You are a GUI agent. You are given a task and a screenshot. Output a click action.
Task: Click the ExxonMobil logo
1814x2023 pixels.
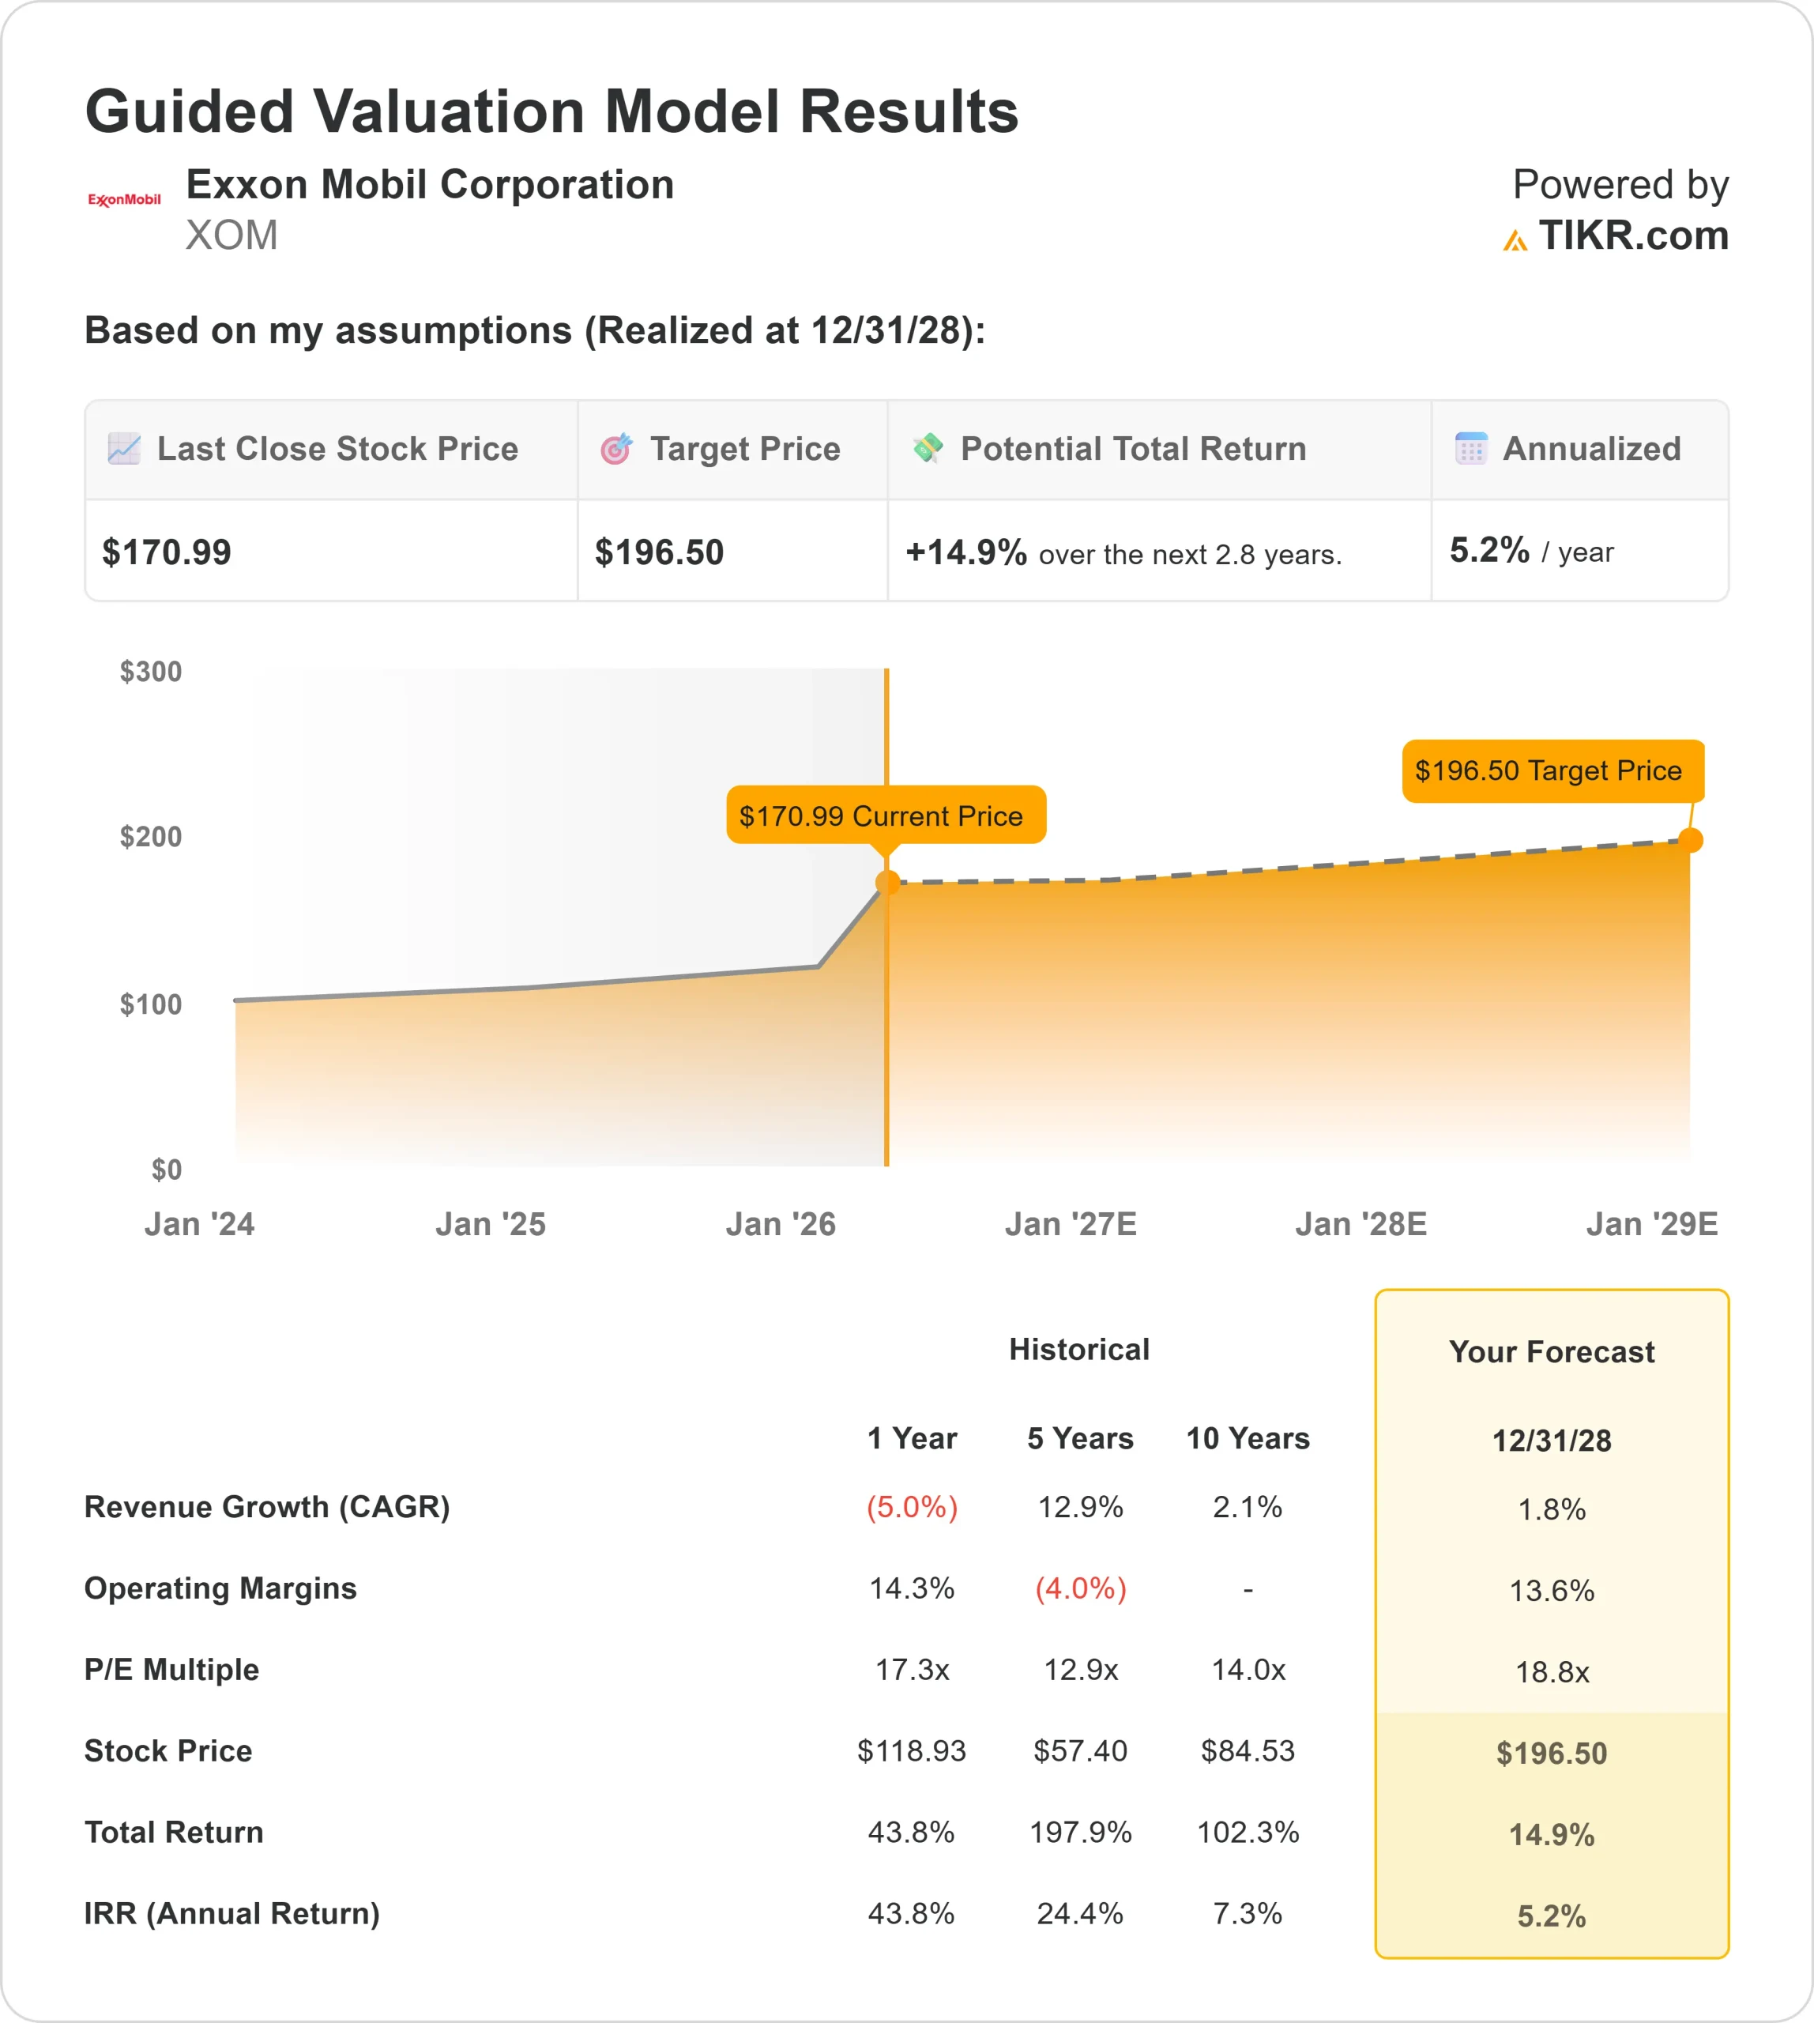pyautogui.click(x=123, y=199)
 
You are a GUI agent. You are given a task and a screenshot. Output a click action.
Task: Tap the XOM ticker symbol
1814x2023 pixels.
pyautogui.click(x=231, y=236)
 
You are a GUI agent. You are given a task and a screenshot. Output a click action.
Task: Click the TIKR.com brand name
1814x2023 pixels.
pyautogui.click(x=1632, y=236)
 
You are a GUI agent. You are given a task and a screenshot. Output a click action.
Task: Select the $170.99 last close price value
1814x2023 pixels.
pyautogui.click(x=167, y=552)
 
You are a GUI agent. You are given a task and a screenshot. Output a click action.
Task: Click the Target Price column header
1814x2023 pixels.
pyautogui.click(x=744, y=450)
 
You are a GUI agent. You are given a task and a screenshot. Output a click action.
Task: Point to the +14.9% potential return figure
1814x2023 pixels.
pyautogui.click(x=965, y=552)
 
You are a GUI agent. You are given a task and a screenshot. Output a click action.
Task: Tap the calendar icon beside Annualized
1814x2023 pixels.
pyautogui.click(x=1470, y=449)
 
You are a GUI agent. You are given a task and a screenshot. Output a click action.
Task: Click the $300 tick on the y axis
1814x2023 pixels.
pyautogui.click(x=150, y=672)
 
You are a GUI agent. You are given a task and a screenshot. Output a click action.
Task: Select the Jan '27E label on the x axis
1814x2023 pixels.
pyautogui.click(x=1071, y=1224)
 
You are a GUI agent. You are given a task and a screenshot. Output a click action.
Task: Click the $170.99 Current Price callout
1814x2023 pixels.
pyautogui.click(x=885, y=816)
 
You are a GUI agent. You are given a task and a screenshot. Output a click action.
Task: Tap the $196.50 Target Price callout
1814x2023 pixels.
pyautogui.click(x=1552, y=770)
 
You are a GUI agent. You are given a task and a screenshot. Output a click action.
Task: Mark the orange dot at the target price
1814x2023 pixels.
pyautogui.click(x=1691, y=841)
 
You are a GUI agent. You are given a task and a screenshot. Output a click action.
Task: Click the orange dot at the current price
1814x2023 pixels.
pyautogui.click(x=887, y=883)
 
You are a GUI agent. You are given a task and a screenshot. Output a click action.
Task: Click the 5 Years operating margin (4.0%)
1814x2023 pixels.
pyautogui.click(x=1081, y=1588)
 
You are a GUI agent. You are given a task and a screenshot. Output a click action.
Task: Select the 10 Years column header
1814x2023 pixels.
pyautogui.click(x=1248, y=1439)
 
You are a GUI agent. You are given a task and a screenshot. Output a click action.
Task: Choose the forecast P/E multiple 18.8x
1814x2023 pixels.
pyautogui.click(x=1552, y=1672)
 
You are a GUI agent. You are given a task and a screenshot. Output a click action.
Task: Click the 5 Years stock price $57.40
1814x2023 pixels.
pyautogui.click(x=1081, y=1751)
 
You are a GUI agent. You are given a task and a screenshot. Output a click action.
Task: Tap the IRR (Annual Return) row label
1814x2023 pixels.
pyautogui.click(x=232, y=1913)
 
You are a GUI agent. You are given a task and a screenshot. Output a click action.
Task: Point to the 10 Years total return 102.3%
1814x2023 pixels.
pyautogui.click(x=1248, y=1833)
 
